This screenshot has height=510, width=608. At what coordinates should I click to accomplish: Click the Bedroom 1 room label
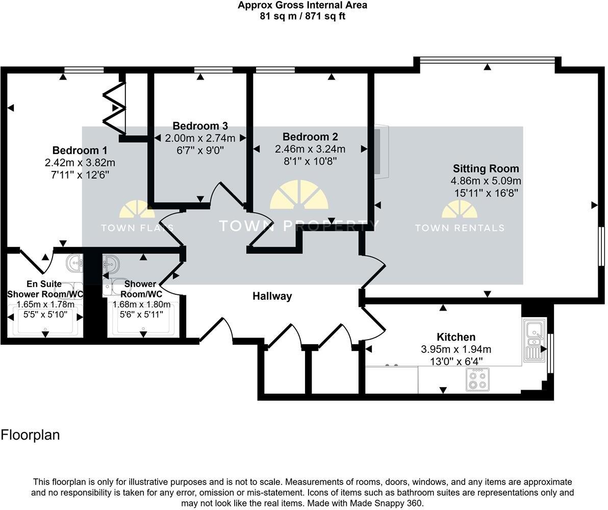click(x=80, y=150)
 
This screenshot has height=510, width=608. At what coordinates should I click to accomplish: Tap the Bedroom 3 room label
click(x=200, y=126)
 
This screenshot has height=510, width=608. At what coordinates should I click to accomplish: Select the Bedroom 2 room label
click(x=310, y=137)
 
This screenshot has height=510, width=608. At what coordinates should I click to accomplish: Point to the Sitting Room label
click(x=486, y=169)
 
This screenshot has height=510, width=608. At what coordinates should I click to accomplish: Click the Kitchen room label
click(x=455, y=337)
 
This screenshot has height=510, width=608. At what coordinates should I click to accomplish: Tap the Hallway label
click(x=272, y=296)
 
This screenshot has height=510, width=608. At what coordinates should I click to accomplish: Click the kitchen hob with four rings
click(x=477, y=379)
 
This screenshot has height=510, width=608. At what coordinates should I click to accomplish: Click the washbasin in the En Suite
click(x=75, y=264)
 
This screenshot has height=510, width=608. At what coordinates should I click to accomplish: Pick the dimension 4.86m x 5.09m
click(x=486, y=181)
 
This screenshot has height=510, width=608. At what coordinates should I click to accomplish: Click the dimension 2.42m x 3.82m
click(x=80, y=163)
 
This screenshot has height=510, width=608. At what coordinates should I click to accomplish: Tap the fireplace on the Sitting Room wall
click(x=381, y=151)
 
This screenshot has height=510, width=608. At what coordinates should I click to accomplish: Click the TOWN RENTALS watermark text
click(x=459, y=228)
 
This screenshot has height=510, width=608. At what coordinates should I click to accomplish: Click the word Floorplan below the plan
click(x=31, y=435)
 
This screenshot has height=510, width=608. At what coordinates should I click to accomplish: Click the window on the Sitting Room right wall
click(x=601, y=246)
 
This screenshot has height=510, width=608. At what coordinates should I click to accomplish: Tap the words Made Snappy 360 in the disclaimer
click(x=391, y=503)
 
